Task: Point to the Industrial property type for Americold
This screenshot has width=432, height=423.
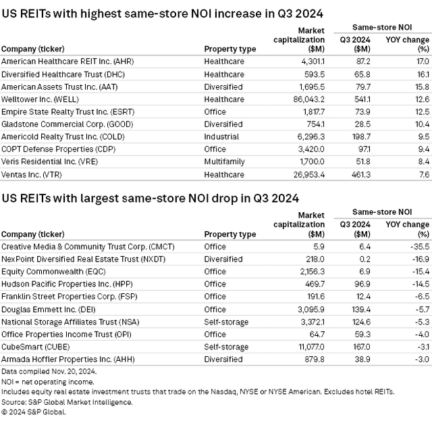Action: [221, 136]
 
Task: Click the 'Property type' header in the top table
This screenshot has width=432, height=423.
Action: [230, 49]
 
